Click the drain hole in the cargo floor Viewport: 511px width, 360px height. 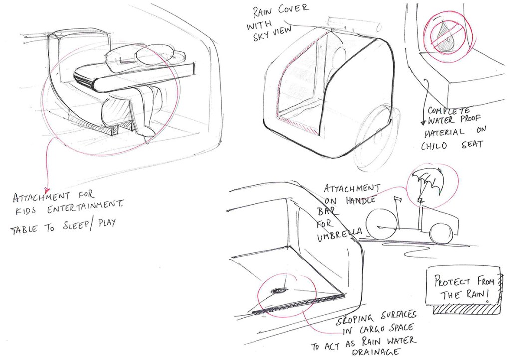[x=278, y=290]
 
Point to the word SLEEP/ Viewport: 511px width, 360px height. [x=79, y=226]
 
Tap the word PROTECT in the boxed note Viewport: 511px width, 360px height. [x=452, y=281]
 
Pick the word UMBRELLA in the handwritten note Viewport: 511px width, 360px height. [x=339, y=234]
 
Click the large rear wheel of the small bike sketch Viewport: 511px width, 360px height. [x=381, y=224]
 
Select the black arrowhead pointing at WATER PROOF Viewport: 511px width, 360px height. [x=423, y=123]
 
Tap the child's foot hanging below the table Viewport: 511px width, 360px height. [x=147, y=131]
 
